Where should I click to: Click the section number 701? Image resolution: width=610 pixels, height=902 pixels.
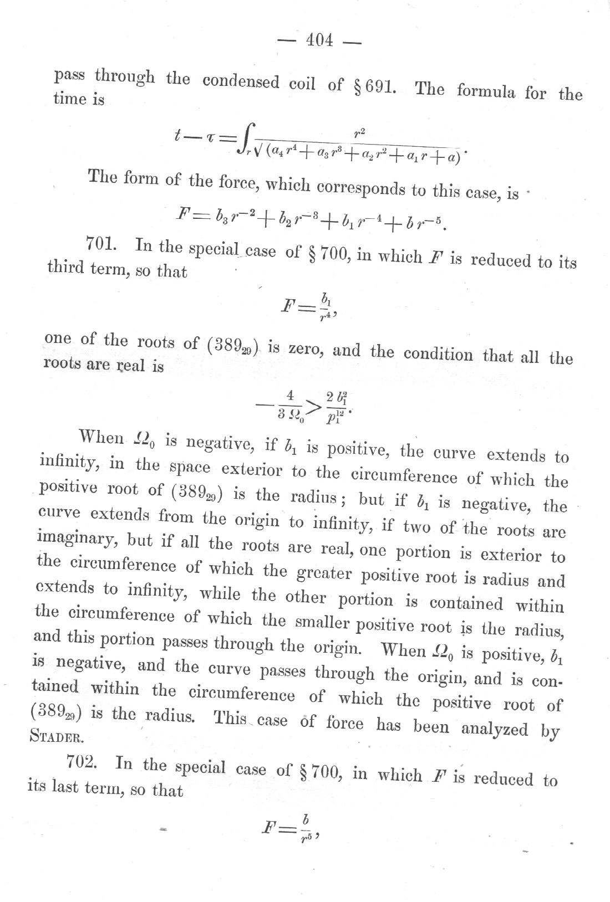(101, 244)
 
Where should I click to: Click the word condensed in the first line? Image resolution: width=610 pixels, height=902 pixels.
(241, 81)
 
